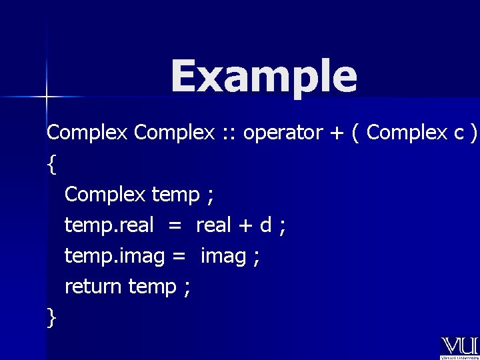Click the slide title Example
(x=264, y=76)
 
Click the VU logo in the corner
(x=459, y=347)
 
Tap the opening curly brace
(x=52, y=164)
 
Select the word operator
(x=283, y=133)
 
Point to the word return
(x=93, y=287)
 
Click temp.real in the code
(x=109, y=225)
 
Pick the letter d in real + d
(x=265, y=225)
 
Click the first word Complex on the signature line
(x=87, y=133)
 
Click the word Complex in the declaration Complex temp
(x=105, y=195)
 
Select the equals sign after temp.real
(x=174, y=226)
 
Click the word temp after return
(x=152, y=287)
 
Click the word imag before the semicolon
(x=223, y=256)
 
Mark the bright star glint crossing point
(x=46, y=97)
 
